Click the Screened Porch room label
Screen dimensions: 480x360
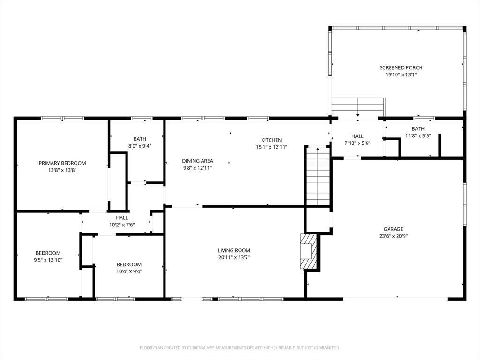tap(401, 67)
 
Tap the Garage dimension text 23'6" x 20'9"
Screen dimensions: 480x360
tap(393, 236)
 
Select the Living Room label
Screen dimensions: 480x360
tap(234, 250)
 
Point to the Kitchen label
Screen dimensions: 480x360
tap(271, 140)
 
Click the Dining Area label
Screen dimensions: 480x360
tap(197, 161)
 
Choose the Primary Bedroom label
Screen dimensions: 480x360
tap(62, 163)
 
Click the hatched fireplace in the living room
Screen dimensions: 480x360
tap(308, 251)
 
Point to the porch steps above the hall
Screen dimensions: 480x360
tap(359, 105)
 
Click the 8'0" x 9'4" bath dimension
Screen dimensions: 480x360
tap(140, 146)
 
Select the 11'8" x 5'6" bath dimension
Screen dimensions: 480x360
tap(418, 135)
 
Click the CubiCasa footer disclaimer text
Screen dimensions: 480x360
tap(240, 348)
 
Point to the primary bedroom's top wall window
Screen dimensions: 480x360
tap(62, 119)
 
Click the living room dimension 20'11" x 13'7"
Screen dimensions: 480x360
tap(234, 257)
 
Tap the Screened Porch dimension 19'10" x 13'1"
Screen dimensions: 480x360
tap(401, 75)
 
